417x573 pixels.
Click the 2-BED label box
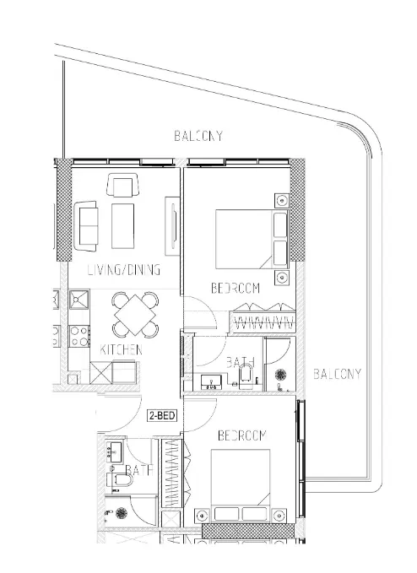point(162,415)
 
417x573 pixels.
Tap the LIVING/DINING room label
point(124,270)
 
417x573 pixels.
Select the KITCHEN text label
point(121,349)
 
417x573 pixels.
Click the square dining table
point(135,315)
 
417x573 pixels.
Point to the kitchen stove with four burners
point(79,336)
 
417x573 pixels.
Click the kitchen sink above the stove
point(79,300)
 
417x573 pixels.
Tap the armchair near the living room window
point(123,186)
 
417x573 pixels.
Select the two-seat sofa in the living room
point(86,226)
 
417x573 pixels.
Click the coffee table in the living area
point(122,226)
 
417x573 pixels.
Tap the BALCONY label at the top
point(198,137)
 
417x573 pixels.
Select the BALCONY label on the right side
point(338,374)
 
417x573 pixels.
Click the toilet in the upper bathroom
point(245,376)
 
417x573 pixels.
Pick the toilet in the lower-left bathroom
point(120,480)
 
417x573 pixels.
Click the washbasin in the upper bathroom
point(212,382)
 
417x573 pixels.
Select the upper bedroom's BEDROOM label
point(236,288)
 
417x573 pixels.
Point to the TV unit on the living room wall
point(172,226)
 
